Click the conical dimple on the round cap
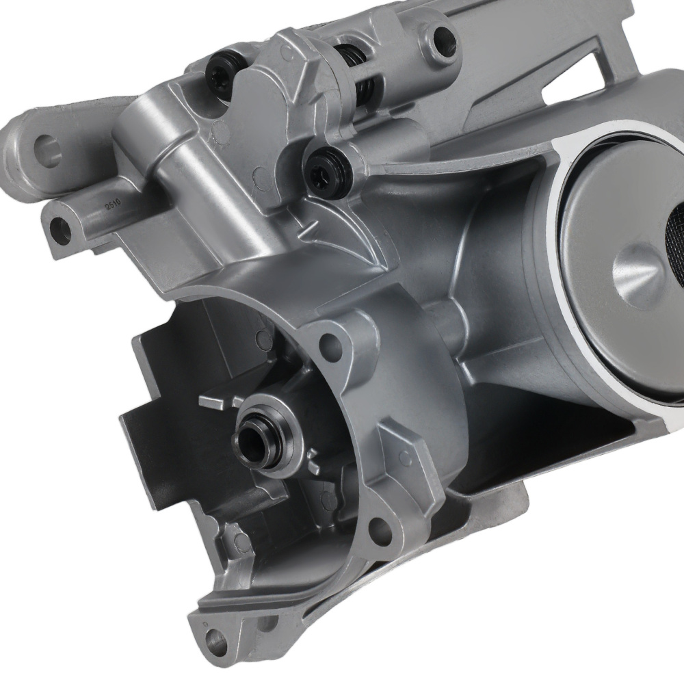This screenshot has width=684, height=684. point(640,270)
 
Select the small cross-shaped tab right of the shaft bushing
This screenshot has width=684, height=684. point(315,458)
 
